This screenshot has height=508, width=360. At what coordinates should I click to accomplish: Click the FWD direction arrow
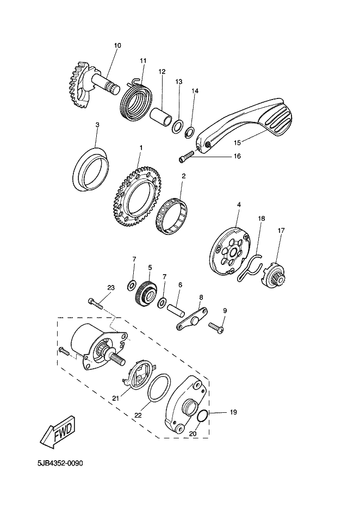(58, 432)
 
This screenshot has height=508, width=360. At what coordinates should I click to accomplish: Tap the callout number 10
(117, 45)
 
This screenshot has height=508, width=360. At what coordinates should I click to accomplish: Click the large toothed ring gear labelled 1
(138, 197)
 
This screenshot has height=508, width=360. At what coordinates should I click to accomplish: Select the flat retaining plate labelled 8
(193, 319)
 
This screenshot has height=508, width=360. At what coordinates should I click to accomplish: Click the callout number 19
(233, 412)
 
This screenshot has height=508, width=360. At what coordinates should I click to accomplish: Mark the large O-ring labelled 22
(158, 388)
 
